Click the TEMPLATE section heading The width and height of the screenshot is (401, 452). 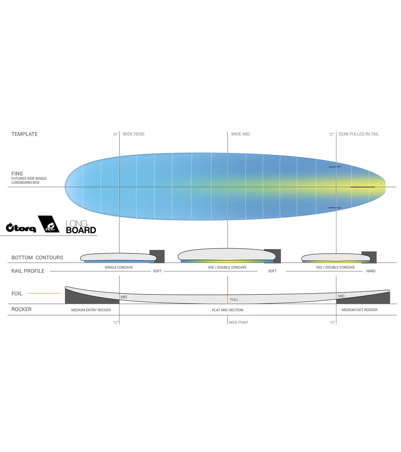pyautogui.click(x=24, y=134)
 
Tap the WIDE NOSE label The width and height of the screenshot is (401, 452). pyautogui.click(x=134, y=134)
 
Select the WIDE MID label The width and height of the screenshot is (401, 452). pyautogui.click(x=240, y=134)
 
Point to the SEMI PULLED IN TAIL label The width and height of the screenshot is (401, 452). pyautogui.click(x=358, y=134)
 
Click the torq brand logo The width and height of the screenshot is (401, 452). pyautogui.click(x=21, y=227)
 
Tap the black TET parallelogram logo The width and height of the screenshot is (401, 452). pyautogui.click(x=49, y=224)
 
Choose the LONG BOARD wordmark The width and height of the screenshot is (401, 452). pyautogui.click(x=81, y=227)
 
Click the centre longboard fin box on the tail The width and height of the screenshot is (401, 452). pyautogui.click(x=362, y=187)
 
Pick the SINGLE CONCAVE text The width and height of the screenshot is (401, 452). pyautogui.click(x=119, y=267)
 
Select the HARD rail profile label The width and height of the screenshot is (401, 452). pyautogui.click(x=370, y=271)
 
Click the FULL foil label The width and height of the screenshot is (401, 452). pyautogui.click(x=234, y=300)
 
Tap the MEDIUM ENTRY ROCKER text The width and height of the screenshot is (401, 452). pyautogui.click(x=91, y=310)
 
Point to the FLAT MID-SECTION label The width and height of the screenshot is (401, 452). pyautogui.click(x=228, y=310)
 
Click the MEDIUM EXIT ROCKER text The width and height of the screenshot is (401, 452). pyautogui.click(x=359, y=310)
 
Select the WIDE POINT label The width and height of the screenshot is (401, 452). pyautogui.click(x=238, y=323)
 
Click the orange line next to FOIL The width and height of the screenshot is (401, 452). pyautogui.click(x=44, y=293)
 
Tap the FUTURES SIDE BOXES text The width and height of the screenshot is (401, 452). pyautogui.click(x=29, y=178)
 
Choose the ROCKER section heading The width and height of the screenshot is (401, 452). pyautogui.click(x=21, y=309)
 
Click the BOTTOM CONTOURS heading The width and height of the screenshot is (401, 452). pyautogui.click(x=37, y=258)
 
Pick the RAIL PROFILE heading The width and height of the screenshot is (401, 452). pyautogui.click(x=28, y=271)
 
